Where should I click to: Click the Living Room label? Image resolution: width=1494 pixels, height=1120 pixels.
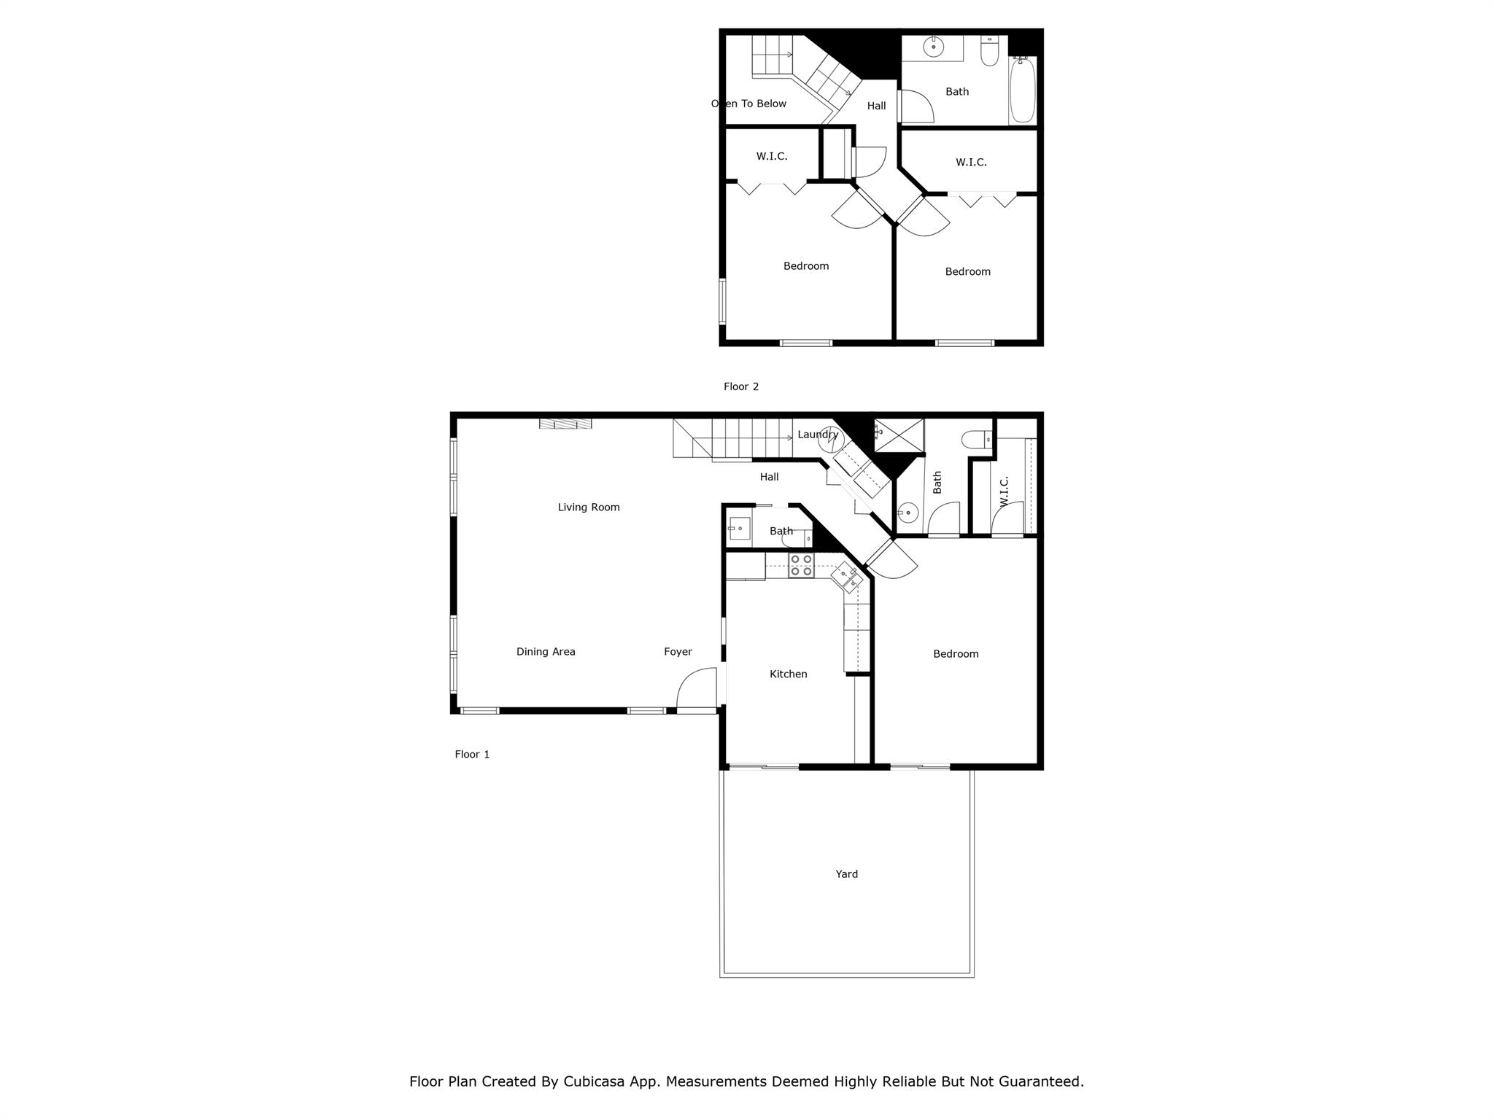coord(589,507)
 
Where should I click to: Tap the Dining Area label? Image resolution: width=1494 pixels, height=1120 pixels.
coord(546,652)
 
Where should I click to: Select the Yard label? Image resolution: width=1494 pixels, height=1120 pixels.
coord(846,874)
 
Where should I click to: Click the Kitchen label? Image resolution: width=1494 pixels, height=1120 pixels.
coord(789,674)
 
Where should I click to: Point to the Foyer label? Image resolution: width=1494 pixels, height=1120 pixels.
coord(678,652)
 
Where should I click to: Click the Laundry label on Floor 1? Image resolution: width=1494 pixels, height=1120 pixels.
coord(818,435)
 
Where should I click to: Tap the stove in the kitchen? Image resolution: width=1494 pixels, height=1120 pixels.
coord(801,566)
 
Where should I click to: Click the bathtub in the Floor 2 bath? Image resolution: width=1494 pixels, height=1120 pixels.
coord(1022,90)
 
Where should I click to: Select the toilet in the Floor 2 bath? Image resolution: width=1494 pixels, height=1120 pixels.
coord(989,52)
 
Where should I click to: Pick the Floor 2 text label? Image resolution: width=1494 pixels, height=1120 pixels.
coord(741,386)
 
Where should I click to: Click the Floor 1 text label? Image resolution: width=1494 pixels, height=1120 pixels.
coord(472,754)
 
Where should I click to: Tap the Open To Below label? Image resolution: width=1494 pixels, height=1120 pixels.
coord(748,104)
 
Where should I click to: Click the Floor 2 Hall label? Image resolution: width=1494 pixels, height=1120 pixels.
coord(876,106)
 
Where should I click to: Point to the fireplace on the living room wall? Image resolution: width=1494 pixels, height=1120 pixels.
coord(565,424)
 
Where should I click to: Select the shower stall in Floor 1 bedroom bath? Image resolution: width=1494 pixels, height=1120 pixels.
coord(899,436)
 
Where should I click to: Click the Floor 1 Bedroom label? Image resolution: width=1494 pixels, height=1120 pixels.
coord(956,654)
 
